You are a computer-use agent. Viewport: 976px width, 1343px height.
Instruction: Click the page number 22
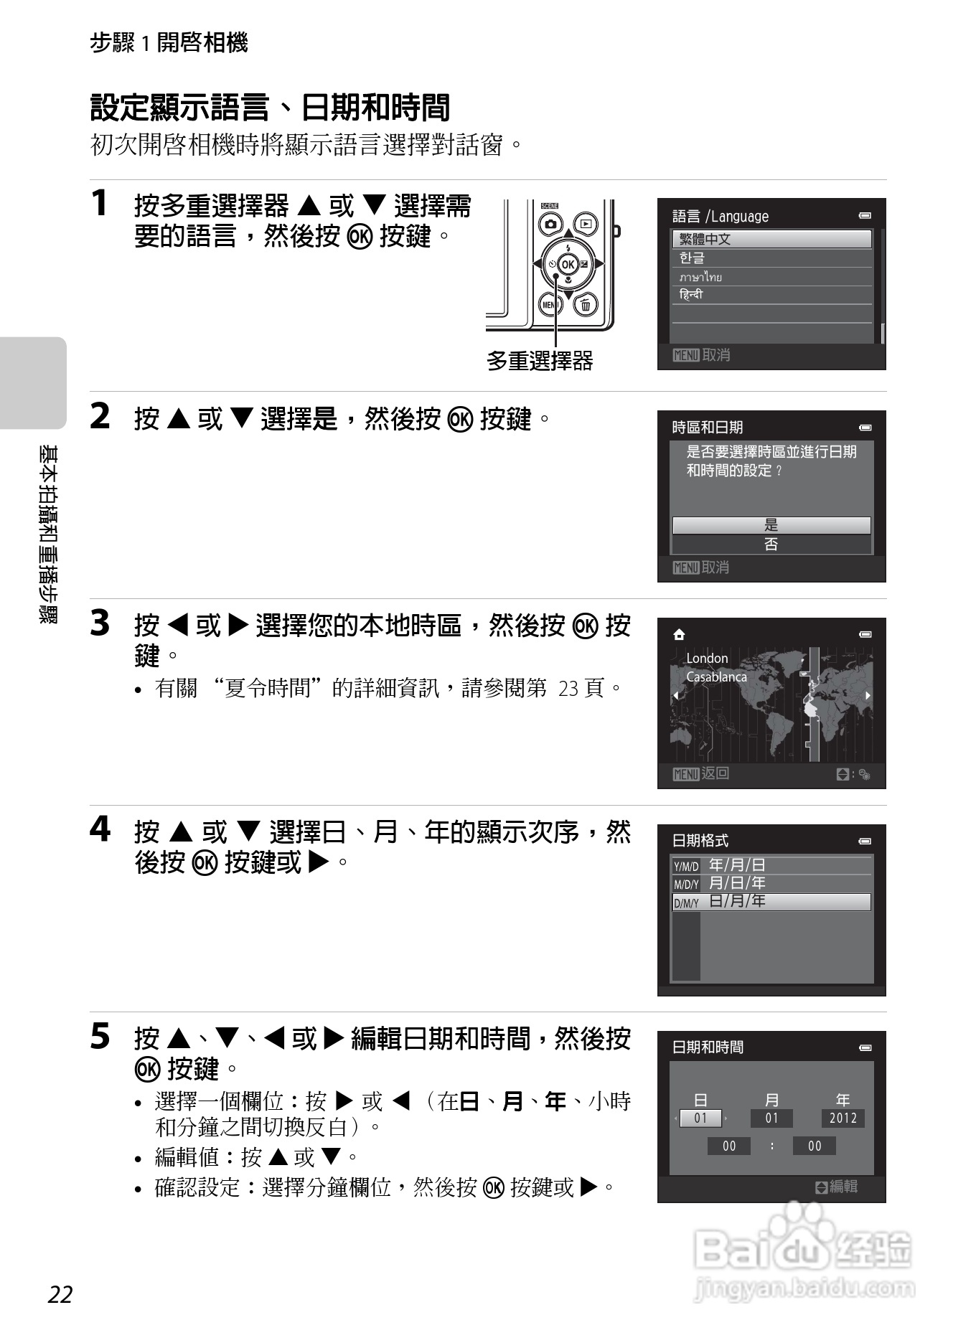tap(60, 1294)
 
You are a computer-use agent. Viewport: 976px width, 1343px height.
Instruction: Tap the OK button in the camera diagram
tap(568, 264)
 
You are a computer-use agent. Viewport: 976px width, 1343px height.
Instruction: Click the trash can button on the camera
tap(586, 305)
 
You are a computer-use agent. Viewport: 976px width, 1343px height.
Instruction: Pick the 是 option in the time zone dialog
tap(771, 525)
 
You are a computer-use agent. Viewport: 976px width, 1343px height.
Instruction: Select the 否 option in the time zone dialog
tap(771, 545)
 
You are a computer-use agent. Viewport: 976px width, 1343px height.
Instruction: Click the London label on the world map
tap(707, 658)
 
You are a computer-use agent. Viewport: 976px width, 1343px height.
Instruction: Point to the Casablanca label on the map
tap(716, 677)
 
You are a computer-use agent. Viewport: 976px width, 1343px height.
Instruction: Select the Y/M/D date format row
tap(771, 865)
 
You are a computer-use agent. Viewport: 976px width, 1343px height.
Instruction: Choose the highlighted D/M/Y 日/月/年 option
tap(771, 902)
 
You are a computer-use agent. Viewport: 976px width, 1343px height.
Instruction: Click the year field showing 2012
tap(843, 1118)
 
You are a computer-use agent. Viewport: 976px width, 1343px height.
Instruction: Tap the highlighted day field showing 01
tap(700, 1118)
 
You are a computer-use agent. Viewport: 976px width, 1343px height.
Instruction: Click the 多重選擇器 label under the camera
tap(540, 360)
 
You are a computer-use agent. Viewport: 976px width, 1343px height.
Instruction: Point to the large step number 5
tap(100, 1036)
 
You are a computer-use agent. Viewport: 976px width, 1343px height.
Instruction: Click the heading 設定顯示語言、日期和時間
tap(270, 108)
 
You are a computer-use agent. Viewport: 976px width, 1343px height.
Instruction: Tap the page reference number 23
tap(568, 689)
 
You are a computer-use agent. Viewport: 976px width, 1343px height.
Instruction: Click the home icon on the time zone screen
tap(679, 634)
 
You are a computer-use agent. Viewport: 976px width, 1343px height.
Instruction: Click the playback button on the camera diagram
tap(586, 224)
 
